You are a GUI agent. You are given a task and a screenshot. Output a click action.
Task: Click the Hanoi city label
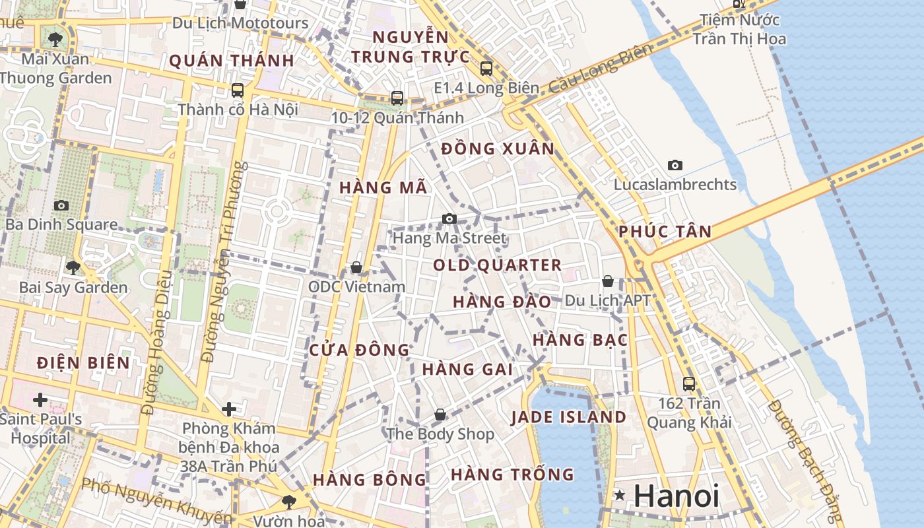(676, 496)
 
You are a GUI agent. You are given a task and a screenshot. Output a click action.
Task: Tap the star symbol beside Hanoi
(619, 495)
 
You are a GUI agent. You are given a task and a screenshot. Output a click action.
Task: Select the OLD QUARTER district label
(497, 265)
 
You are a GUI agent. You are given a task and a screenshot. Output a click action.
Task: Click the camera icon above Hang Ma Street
(449, 218)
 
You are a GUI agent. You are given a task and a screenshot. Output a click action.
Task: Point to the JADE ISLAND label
(568, 417)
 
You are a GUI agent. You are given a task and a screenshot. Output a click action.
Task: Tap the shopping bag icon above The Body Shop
(440, 414)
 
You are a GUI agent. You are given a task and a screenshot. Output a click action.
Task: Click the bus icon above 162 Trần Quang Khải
(689, 383)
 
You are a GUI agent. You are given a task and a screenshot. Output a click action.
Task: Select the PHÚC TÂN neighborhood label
(665, 232)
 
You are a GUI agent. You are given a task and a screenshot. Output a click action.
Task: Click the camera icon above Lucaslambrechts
(675, 165)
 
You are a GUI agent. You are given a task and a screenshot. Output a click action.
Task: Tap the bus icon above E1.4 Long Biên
(486, 68)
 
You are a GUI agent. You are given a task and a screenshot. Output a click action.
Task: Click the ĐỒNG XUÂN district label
(498, 149)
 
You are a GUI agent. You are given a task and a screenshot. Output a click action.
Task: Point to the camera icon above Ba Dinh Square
(61, 205)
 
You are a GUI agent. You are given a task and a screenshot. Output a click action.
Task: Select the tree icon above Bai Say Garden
(73, 267)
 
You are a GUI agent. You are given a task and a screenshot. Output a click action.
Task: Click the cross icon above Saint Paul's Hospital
(40, 399)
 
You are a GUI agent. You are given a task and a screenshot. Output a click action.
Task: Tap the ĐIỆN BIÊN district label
(83, 363)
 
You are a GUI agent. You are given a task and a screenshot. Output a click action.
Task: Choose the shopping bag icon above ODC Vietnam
(356, 267)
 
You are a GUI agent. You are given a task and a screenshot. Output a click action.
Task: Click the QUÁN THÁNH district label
(231, 61)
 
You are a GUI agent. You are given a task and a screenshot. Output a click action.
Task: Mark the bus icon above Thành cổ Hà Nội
(238, 90)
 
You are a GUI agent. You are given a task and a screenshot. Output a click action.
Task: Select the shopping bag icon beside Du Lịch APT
(608, 282)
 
